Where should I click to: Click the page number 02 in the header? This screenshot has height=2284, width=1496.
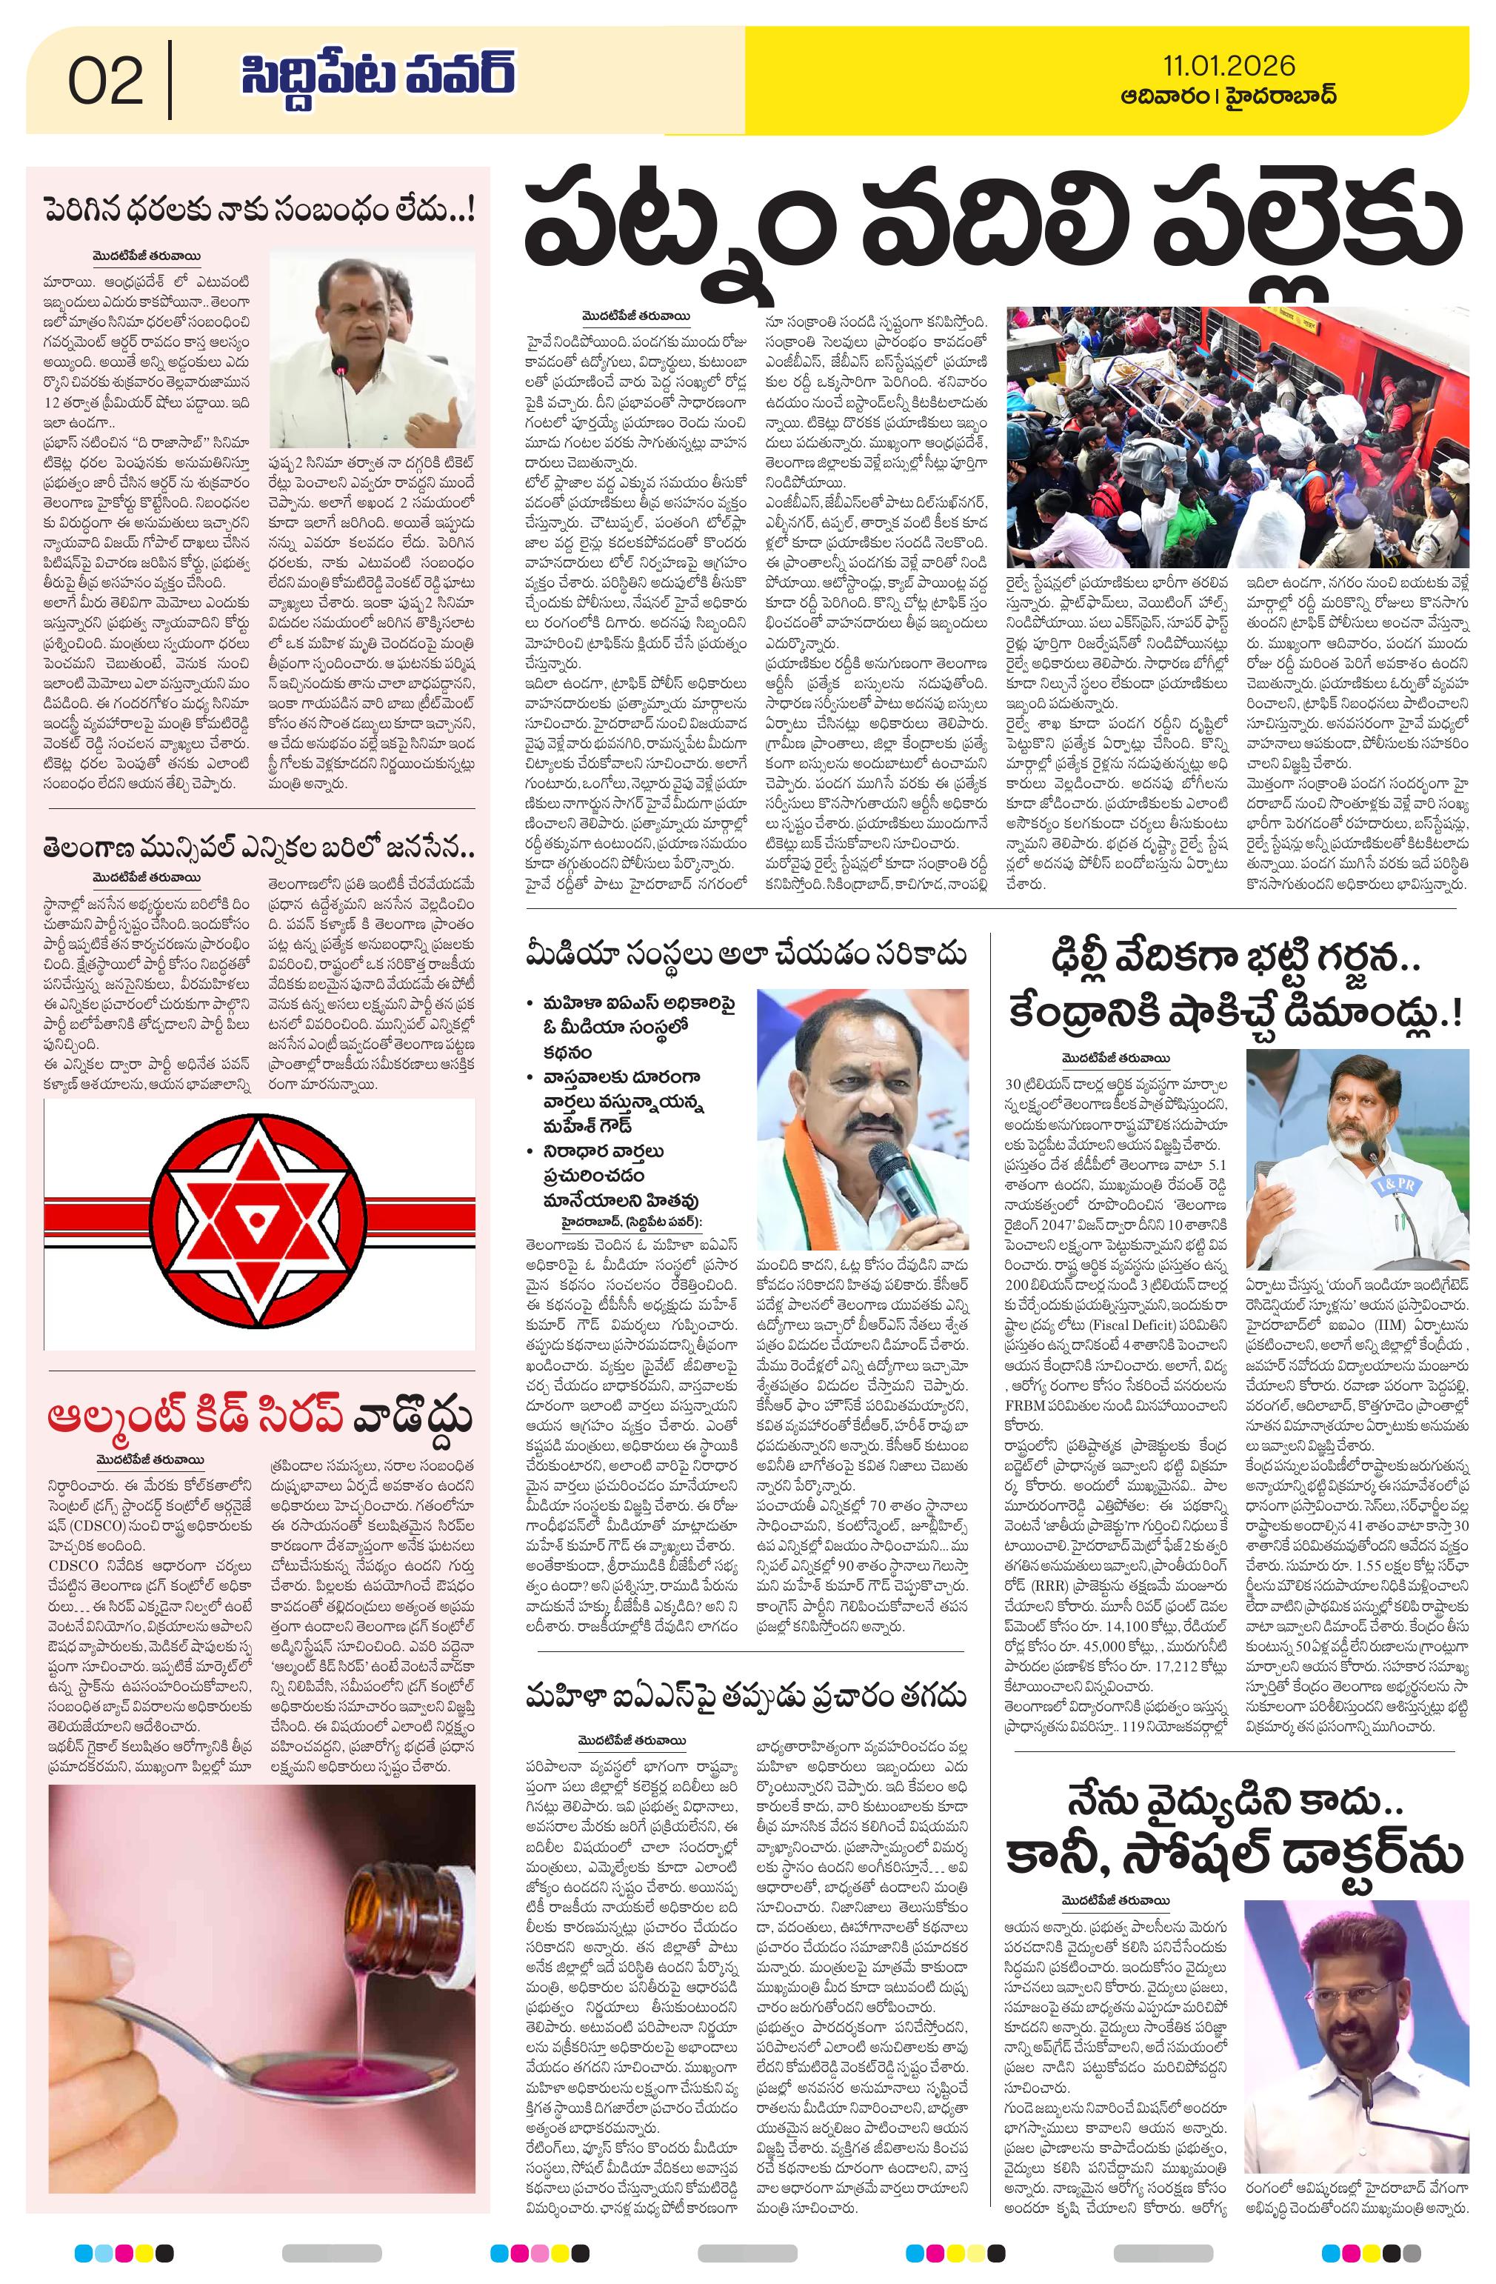pyautogui.click(x=106, y=81)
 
